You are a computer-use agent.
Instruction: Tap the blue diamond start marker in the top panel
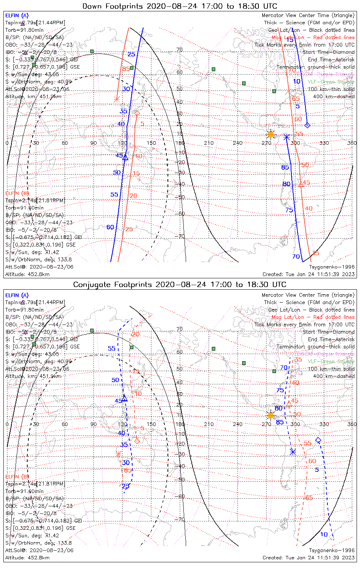307,125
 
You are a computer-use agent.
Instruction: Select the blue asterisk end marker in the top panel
287,137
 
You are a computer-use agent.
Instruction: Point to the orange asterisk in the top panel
117,99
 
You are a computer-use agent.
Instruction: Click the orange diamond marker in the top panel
137,113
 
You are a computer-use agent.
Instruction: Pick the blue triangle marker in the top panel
125,157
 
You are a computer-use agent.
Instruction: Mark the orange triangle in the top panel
301,184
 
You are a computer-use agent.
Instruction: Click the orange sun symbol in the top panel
271,134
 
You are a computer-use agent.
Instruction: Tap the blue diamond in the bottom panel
318,440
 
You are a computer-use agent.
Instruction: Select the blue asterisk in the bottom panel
293,451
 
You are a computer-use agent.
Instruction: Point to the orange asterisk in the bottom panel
118,454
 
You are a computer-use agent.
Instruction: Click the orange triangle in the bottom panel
289,404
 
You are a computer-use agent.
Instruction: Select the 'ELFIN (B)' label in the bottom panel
17,476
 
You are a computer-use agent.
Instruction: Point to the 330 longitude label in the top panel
324,143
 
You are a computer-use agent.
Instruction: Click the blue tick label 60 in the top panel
110,227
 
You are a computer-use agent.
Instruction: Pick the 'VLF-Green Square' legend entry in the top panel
331,82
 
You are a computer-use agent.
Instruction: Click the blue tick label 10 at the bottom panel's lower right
324,535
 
